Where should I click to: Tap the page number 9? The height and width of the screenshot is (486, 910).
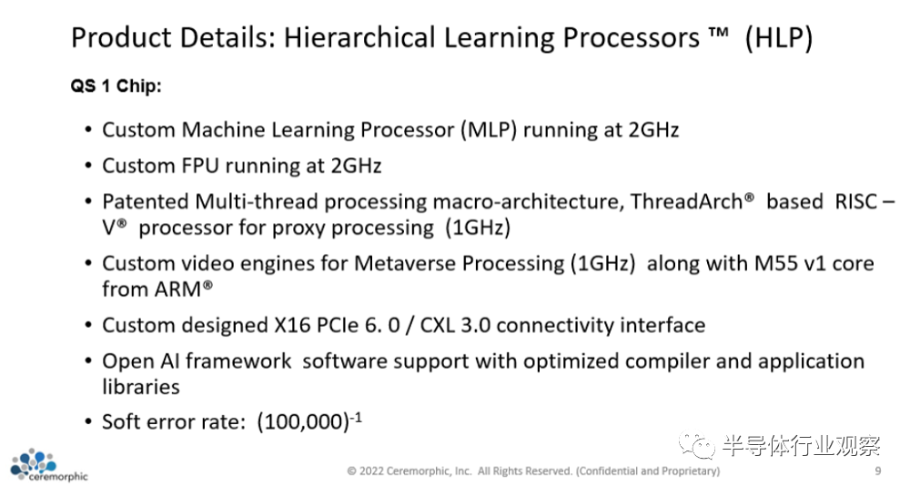pos(877,471)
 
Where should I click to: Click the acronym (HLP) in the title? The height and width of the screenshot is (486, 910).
pos(779,38)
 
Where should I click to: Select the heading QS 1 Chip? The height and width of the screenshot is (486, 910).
pos(116,86)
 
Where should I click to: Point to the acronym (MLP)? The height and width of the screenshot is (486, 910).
pos(489,130)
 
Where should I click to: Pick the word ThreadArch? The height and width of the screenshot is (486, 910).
pos(687,201)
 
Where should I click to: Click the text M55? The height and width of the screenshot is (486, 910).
pos(774,264)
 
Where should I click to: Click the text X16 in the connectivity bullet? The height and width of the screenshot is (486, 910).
pos(293,325)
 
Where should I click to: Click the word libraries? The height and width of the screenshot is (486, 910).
pos(141,387)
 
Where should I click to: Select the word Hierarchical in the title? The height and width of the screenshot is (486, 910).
pos(359,37)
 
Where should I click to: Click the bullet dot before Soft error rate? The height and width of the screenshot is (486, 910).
pos(88,422)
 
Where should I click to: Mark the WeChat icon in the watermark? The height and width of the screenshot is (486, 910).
pos(696,446)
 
